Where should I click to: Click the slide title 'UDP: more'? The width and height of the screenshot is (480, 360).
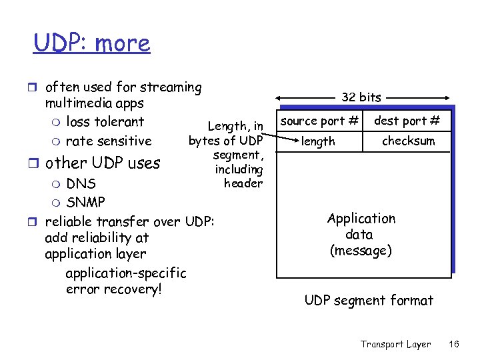(x=92, y=43)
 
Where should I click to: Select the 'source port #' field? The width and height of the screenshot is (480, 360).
(x=319, y=121)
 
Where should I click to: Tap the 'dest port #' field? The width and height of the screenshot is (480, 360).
(x=407, y=121)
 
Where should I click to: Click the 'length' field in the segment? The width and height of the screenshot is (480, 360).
(x=318, y=141)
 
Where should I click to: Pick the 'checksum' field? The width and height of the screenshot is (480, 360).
(x=408, y=141)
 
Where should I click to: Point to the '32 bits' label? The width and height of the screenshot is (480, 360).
(x=361, y=97)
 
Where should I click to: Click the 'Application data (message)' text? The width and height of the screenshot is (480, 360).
(x=361, y=235)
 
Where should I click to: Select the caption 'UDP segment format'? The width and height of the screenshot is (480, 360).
(x=369, y=301)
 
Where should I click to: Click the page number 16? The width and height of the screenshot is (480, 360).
(x=454, y=344)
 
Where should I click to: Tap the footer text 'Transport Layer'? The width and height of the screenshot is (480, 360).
(x=395, y=344)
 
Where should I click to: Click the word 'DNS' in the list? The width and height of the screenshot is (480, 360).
(x=81, y=183)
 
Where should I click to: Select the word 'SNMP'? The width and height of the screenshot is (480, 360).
(x=86, y=201)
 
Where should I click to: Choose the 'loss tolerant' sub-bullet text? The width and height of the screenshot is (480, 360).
(x=105, y=122)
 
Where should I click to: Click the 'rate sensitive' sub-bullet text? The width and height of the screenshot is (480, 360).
(x=109, y=141)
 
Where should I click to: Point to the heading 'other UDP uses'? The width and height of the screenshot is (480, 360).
(x=103, y=163)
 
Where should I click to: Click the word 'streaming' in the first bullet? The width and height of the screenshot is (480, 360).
(x=171, y=87)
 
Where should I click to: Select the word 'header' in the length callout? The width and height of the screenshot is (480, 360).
(x=243, y=183)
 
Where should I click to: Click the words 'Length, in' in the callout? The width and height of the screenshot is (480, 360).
(x=236, y=126)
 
